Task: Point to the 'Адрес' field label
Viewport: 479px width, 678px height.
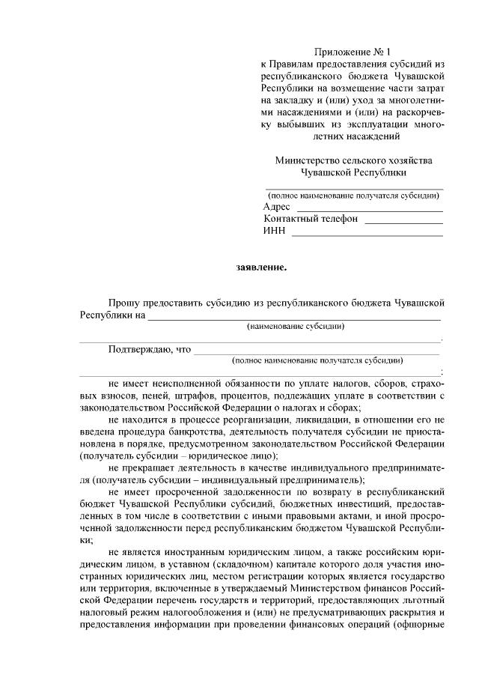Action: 277,206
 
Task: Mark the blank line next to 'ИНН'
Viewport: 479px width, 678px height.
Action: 367,235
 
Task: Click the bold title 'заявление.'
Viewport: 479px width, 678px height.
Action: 260,266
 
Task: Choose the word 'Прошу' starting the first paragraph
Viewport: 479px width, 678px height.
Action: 123,302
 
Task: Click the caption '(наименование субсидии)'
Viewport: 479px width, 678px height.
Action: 296,327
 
